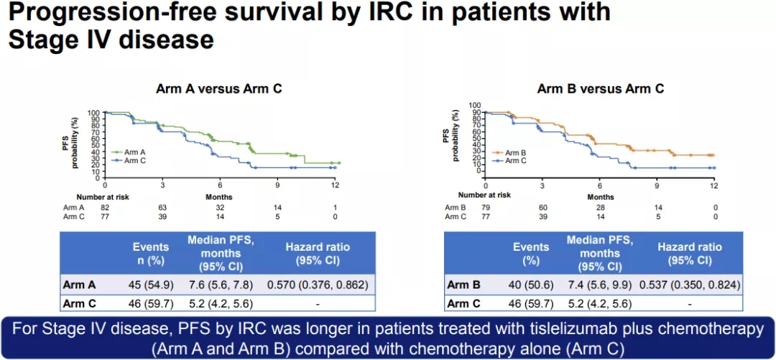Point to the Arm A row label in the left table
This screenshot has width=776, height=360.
[84, 285]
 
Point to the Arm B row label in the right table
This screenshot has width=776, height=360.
[463, 285]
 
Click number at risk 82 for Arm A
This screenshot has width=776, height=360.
[105, 207]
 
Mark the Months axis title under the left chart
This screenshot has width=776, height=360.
[220, 195]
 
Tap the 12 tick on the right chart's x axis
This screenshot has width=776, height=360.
[713, 185]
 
